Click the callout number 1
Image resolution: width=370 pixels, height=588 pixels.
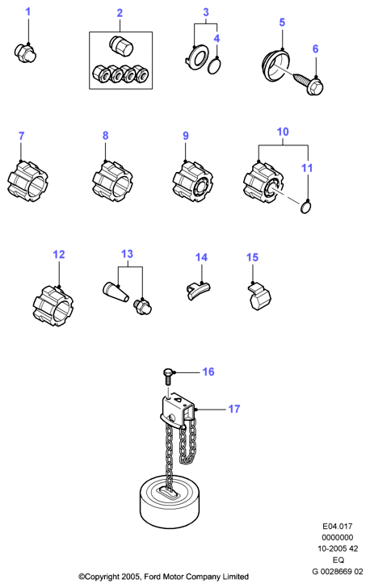[x=27, y=11]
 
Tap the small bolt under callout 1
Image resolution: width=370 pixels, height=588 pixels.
[x=26, y=52]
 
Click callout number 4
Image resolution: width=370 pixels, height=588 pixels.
[x=217, y=38]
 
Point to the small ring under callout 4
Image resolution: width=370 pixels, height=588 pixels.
[x=214, y=66]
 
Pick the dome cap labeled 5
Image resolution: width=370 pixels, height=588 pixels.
[x=275, y=68]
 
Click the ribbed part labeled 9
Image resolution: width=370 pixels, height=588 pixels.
[x=193, y=182]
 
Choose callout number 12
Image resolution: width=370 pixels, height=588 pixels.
[x=59, y=254]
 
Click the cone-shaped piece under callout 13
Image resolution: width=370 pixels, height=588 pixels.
[x=116, y=292]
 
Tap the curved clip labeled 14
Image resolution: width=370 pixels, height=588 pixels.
[x=198, y=291]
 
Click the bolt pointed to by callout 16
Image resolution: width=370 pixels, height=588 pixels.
[x=168, y=376]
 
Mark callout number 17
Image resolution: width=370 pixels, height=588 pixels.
[x=234, y=409]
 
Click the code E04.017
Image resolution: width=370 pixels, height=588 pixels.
[x=338, y=526]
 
